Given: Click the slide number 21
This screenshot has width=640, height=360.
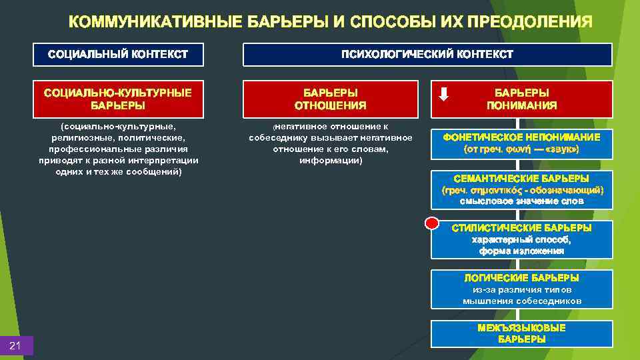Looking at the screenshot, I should [x=16, y=345].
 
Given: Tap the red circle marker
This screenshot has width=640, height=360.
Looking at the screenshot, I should [x=433, y=223].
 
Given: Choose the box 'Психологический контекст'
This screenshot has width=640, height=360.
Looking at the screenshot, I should [x=427, y=54].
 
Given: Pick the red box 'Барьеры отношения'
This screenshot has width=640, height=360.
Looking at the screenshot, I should [x=330, y=99].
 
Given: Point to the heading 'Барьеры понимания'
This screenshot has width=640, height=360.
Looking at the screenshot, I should [x=521, y=99].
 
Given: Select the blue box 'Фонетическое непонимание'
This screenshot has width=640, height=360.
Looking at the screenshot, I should [x=521, y=143].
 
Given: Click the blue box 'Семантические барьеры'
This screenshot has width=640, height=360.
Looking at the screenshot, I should [x=521, y=189].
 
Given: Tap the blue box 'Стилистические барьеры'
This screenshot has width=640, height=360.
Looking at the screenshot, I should [x=521, y=239].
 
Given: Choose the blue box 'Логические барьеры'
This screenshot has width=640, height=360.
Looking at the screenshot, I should [x=521, y=289].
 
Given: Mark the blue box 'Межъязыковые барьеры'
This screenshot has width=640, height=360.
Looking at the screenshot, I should [x=521, y=333].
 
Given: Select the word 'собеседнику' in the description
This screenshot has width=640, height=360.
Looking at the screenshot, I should [x=278, y=137].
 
